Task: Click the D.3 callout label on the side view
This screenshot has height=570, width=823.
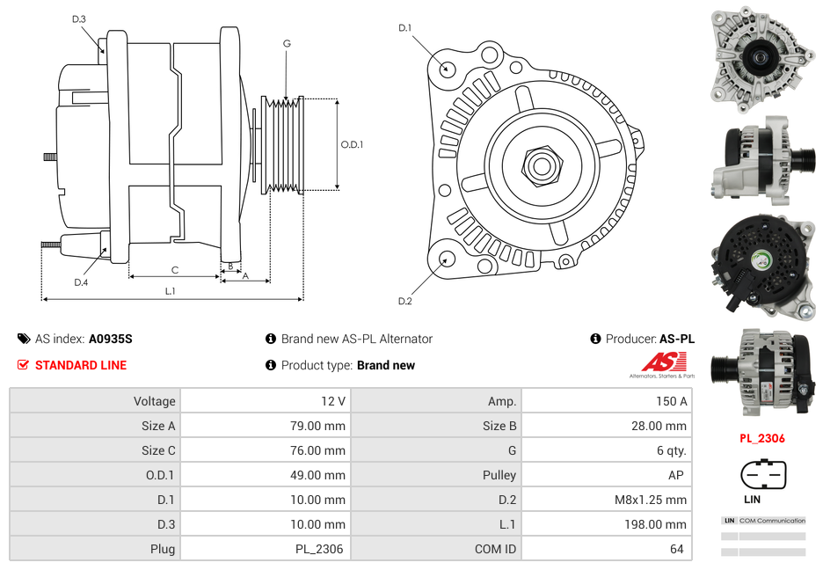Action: (79, 18)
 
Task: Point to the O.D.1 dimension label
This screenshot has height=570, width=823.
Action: (353, 144)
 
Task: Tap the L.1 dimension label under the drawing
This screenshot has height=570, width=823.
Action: (171, 291)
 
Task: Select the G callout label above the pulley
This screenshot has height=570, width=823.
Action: (287, 43)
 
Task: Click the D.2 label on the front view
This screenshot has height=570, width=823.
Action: (405, 301)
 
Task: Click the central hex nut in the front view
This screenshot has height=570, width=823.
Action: (541, 164)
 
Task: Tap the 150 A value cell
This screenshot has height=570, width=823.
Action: (671, 401)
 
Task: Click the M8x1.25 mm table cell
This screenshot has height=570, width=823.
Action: (651, 500)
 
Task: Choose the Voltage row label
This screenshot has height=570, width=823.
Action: (154, 401)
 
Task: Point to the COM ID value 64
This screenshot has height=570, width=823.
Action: (677, 549)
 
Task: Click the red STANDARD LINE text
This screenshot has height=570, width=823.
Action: (81, 365)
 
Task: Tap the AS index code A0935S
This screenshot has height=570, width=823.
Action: (111, 339)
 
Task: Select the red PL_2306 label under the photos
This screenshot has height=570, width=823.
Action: (761, 438)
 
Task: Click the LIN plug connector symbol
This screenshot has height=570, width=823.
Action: (762, 476)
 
